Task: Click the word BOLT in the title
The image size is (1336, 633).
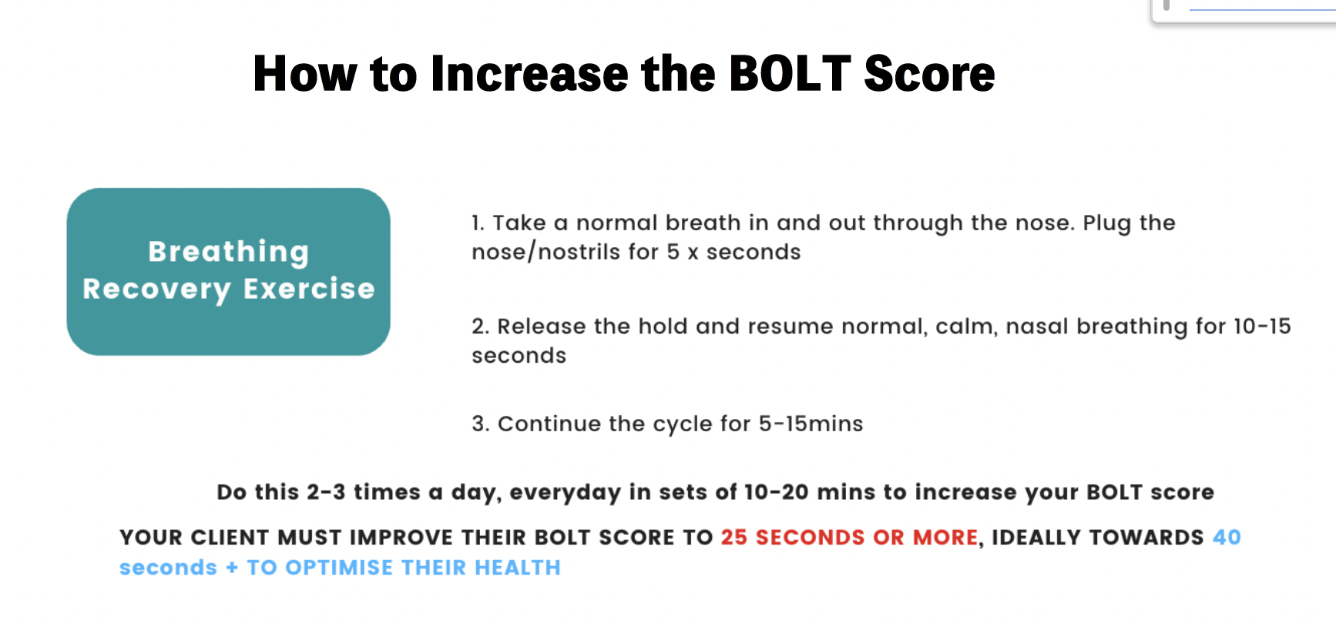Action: tap(790, 74)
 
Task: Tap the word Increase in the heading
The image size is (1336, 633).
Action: tap(530, 74)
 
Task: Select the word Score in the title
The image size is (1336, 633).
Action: tap(930, 74)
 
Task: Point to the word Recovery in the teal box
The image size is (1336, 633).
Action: tap(156, 290)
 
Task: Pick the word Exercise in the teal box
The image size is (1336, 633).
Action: tap(309, 289)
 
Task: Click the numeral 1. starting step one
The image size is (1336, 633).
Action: tap(478, 223)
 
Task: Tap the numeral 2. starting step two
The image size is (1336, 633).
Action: tap(481, 327)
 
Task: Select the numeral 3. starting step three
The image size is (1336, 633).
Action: tap(481, 424)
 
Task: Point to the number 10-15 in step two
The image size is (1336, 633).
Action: tap(1262, 327)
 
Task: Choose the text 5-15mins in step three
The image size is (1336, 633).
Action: tap(811, 424)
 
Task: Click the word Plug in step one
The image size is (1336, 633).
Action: tap(1106, 223)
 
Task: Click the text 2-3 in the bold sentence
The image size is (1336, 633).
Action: tap(326, 492)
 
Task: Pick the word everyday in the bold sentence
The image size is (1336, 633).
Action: tap(565, 493)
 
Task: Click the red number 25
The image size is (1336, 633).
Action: tap(734, 538)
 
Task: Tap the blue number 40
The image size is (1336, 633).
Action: tap(1227, 538)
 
